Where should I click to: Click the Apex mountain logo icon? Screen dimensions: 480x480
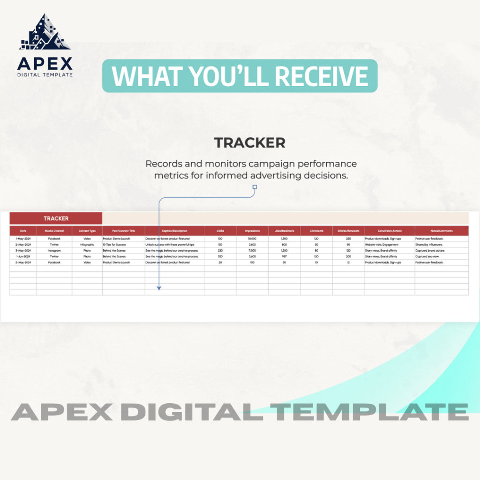click(45, 33)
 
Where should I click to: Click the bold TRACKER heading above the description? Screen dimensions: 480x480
click(249, 143)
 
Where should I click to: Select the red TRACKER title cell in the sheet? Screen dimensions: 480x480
click(56, 218)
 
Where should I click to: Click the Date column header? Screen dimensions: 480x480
click(23, 231)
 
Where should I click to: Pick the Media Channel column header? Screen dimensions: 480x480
click(54, 231)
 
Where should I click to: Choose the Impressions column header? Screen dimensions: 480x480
click(252, 231)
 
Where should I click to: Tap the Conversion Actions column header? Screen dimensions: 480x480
click(390, 231)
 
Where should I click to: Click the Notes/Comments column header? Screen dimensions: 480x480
click(441, 231)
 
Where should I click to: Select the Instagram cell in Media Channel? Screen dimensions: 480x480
click(54, 251)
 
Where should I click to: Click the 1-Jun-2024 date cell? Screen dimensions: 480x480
click(23, 257)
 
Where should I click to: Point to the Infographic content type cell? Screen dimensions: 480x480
click(87, 245)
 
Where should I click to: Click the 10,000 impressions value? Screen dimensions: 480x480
click(252, 239)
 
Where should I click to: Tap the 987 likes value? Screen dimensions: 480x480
click(285, 257)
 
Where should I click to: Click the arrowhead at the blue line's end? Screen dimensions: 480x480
click(159, 288)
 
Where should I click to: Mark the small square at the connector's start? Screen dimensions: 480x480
click(255, 187)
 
